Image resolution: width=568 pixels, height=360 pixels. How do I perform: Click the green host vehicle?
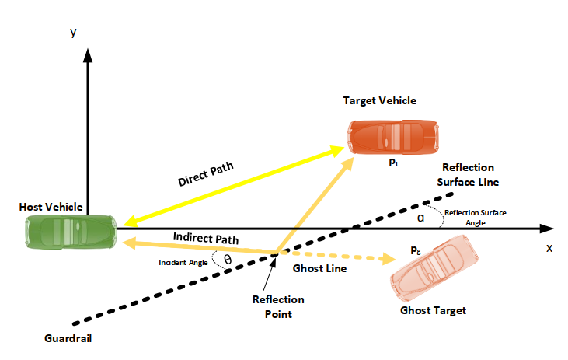pyautogui.click(x=71, y=232)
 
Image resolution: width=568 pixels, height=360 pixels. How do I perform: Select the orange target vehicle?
pyautogui.click(x=393, y=138)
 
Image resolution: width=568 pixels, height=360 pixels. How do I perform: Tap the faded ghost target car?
pyautogui.click(x=434, y=269)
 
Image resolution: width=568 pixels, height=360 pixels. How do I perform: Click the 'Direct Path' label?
pyautogui.click(x=206, y=173)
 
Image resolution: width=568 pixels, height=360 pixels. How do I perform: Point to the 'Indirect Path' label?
pyautogui.click(x=206, y=238)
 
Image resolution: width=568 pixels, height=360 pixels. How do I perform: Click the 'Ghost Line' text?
pyautogui.click(x=319, y=268)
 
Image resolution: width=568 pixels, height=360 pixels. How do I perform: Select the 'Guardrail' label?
pyautogui.click(x=68, y=338)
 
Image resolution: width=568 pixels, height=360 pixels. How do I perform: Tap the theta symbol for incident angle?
pyautogui.click(x=228, y=260)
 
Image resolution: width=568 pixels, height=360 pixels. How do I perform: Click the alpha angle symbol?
pyautogui.click(x=420, y=218)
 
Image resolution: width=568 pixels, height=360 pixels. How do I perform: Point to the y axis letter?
pyautogui.click(x=74, y=32)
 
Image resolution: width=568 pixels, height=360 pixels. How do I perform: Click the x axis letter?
pyautogui.click(x=549, y=248)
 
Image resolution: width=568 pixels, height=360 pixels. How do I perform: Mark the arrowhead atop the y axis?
pyautogui.click(x=88, y=55)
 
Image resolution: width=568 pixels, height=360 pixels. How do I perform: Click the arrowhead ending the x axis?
pyautogui.click(x=546, y=229)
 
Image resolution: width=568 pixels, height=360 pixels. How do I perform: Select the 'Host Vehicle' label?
pyautogui.click(x=51, y=207)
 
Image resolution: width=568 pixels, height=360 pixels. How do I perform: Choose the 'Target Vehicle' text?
pyautogui.click(x=380, y=100)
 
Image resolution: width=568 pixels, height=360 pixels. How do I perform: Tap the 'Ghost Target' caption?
pyautogui.click(x=434, y=310)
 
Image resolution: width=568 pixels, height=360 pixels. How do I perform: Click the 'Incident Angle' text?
pyautogui.click(x=183, y=263)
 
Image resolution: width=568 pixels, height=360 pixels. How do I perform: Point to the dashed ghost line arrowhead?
pyautogui.click(x=389, y=258)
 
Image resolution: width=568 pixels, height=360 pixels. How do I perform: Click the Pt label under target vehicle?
pyautogui.click(x=394, y=163)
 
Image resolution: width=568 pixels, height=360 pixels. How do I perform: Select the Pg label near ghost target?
pyautogui.click(x=416, y=250)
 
